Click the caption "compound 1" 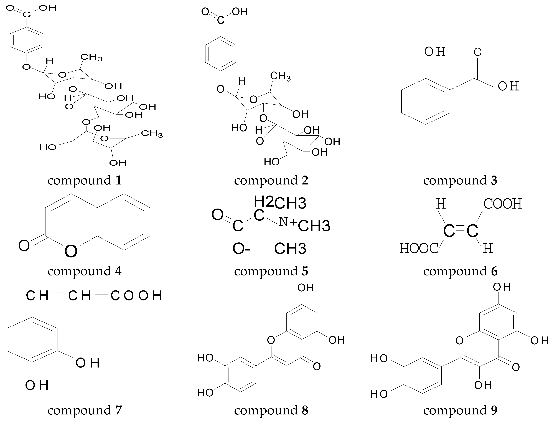click(x=85, y=181)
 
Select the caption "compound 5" click(x=271, y=271)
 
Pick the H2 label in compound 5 click(x=263, y=201)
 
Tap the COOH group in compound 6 click(x=502, y=204)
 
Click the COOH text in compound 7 click(x=136, y=296)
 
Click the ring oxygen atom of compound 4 click(x=71, y=251)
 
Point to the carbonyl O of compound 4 click(x=24, y=245)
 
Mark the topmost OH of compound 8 click(x=306, y=288)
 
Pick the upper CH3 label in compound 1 click(x=91, y=57)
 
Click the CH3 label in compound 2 click(x=280, y=76)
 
